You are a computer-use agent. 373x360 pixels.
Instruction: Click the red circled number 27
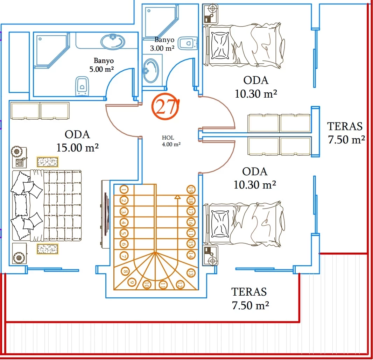click(x=165, y=107)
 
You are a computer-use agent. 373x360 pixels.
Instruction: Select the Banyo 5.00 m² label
click(x=101, y=65)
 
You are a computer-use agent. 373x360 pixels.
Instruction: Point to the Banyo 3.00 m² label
click(x=162, y=44)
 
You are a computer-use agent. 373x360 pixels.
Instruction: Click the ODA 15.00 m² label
click(x=77, y=141)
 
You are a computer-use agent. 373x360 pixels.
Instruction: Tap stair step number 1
click(x=124, y=190)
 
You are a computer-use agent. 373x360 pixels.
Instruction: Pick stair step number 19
click(x=191, y=190)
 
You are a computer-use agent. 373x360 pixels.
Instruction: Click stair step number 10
click(x=147, y=285)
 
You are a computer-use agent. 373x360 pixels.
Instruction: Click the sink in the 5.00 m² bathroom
click(x=113, y=42)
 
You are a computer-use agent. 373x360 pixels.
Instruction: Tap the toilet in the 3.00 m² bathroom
click(x=187, y=43)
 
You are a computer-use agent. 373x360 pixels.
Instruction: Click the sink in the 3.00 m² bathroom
click(x=151, y=70)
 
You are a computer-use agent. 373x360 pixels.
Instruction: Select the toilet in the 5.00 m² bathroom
click(x=82, y=86)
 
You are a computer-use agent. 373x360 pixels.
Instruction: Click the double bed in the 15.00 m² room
click(x=47, y=206)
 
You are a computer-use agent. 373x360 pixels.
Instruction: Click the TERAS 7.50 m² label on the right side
click(x=345, y=133)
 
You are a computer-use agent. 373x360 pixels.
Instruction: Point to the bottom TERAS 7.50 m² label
click(x=249, y=298)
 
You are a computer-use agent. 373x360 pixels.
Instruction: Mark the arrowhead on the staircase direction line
click(x=177, y=197)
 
